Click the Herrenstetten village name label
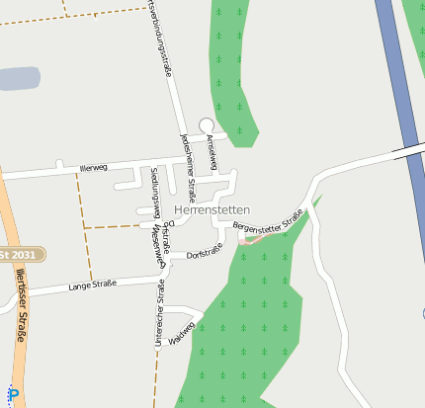tap(212, 210)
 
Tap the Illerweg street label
tap(94, 168)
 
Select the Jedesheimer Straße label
tap(188, 154)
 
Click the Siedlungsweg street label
tap(155, 192)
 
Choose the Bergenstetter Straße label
tap(267, 221)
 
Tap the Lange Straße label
tap(92, 286)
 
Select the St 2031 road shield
tap(22, 254)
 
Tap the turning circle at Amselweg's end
tap(207, 124)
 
